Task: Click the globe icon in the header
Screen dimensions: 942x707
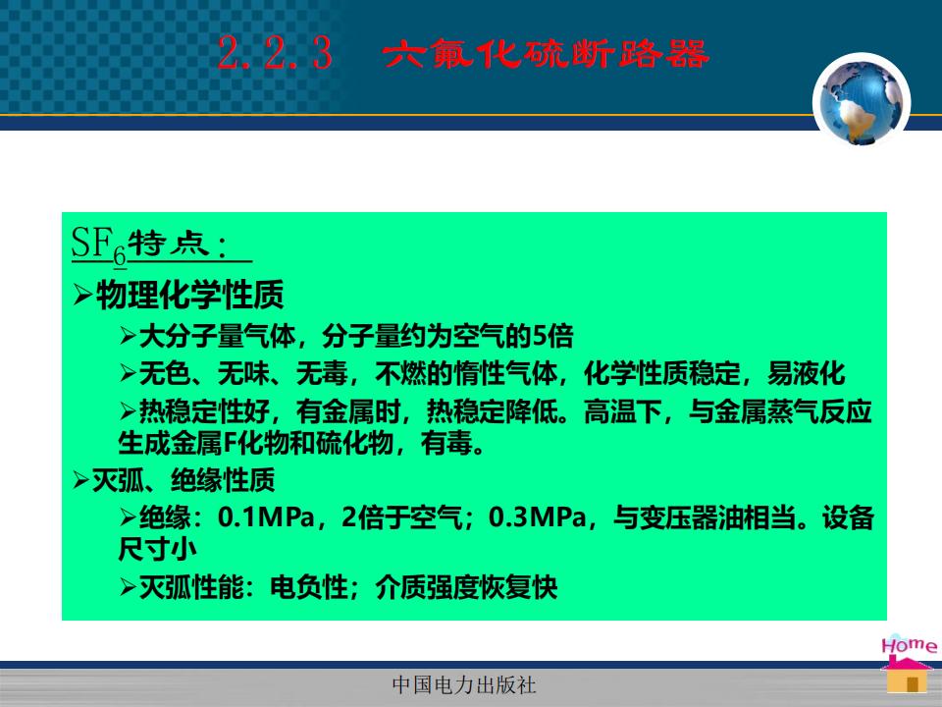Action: [x=862, y=102]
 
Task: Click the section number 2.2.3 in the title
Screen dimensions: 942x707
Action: [x=275, y=53]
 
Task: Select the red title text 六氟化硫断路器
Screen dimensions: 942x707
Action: [x=546, y=53]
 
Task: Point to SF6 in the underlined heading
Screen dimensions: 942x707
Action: [x=99, y=245]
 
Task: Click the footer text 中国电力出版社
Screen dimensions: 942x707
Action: [x=464, y=684]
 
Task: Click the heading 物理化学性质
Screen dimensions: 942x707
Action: [x=189, y=295]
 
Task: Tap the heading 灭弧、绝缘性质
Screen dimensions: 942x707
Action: [x=183, y=480]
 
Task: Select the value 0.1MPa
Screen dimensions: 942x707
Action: [x=267, y=517]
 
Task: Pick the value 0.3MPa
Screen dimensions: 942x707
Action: [x=538, y=517]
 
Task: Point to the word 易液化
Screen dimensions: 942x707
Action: [x=807, y=373]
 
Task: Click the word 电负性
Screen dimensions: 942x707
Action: [x=309, y=587]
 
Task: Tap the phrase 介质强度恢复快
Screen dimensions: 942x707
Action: [x=467, y=587]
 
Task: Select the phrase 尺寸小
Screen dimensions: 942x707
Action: [x=157, y=549]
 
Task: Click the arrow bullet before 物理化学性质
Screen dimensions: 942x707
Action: [x=82, y=296]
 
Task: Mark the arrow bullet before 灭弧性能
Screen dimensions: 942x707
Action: [x=128, y=587]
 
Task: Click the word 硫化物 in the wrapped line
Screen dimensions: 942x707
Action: [x=354, y=443]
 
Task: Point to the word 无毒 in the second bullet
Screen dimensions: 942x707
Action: [x=323, y=373]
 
